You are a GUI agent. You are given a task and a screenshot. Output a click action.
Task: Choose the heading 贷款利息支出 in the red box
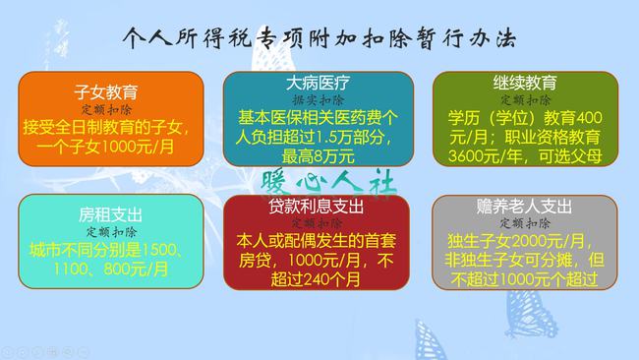310,207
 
